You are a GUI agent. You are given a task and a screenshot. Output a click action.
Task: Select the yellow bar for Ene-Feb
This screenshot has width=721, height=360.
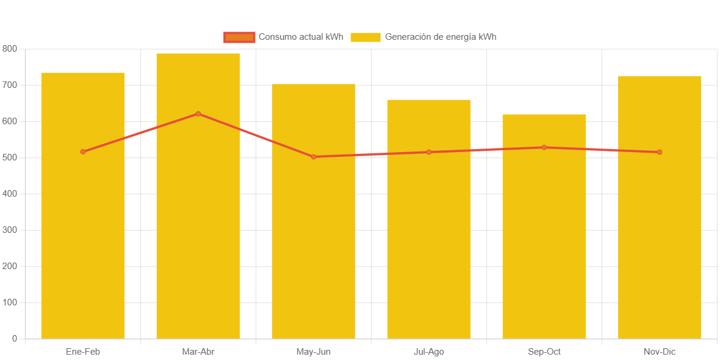(x=83, y=238)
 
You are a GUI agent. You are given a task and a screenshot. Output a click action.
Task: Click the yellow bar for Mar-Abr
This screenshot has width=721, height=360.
(x=198, y=238)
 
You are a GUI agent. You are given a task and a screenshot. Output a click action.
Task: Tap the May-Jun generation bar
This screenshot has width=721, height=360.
(x=313, y=238)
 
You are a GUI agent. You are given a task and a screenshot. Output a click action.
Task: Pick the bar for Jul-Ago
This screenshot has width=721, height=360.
(x=429, y=238)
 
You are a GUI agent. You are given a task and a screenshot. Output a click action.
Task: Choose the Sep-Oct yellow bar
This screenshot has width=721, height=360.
(x=544, y=238)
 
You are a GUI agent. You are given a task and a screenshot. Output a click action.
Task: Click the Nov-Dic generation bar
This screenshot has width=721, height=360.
(x=659, y=238)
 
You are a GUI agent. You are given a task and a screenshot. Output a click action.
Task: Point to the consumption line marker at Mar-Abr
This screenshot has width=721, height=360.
(x=198, y=113)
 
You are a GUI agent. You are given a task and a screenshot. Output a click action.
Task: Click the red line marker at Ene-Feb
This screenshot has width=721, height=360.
(x=83, y=151)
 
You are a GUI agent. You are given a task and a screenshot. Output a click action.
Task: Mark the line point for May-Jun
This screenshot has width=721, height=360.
(x=313, y=157)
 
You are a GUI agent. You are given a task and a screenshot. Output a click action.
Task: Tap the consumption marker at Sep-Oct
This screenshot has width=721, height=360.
(x=544, y=147)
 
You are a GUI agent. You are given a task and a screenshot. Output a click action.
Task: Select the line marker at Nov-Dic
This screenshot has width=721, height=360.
(x=659, y=152)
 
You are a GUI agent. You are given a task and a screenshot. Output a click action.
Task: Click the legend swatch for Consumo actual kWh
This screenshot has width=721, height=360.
(x=239, y=37)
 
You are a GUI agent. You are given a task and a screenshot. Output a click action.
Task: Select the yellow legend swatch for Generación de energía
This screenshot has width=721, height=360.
(x=366, y=37)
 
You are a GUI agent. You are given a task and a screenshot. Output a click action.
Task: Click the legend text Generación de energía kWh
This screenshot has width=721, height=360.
(x=440, y=37)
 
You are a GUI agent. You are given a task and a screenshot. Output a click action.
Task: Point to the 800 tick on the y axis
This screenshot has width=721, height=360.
(x=10, y=48)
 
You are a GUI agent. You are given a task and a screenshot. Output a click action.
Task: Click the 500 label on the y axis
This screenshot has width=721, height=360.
(x=10, y=157)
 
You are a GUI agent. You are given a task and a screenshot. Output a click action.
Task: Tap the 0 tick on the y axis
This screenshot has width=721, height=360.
(x=14, y=339)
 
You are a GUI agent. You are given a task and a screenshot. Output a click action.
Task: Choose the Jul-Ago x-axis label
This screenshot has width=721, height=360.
(x=429, y=352)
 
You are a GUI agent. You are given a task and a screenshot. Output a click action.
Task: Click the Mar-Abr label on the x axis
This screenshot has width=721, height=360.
(x=198, y=352)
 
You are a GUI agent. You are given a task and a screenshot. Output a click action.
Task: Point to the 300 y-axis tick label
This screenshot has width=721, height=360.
(x=10, y=230)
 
